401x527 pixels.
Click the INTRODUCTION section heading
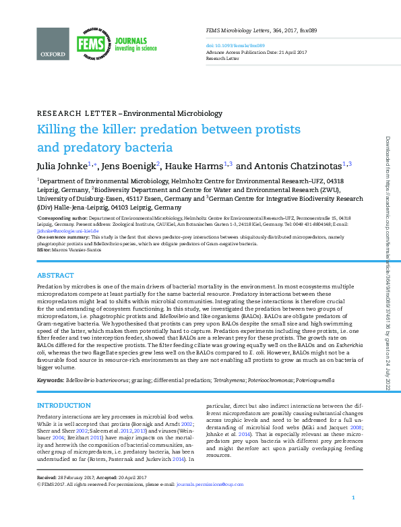pos(63,405)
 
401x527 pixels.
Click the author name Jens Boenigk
pos(130,165)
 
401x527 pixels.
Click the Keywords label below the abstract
pos(50,381)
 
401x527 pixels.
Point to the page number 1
pos(353,516)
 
